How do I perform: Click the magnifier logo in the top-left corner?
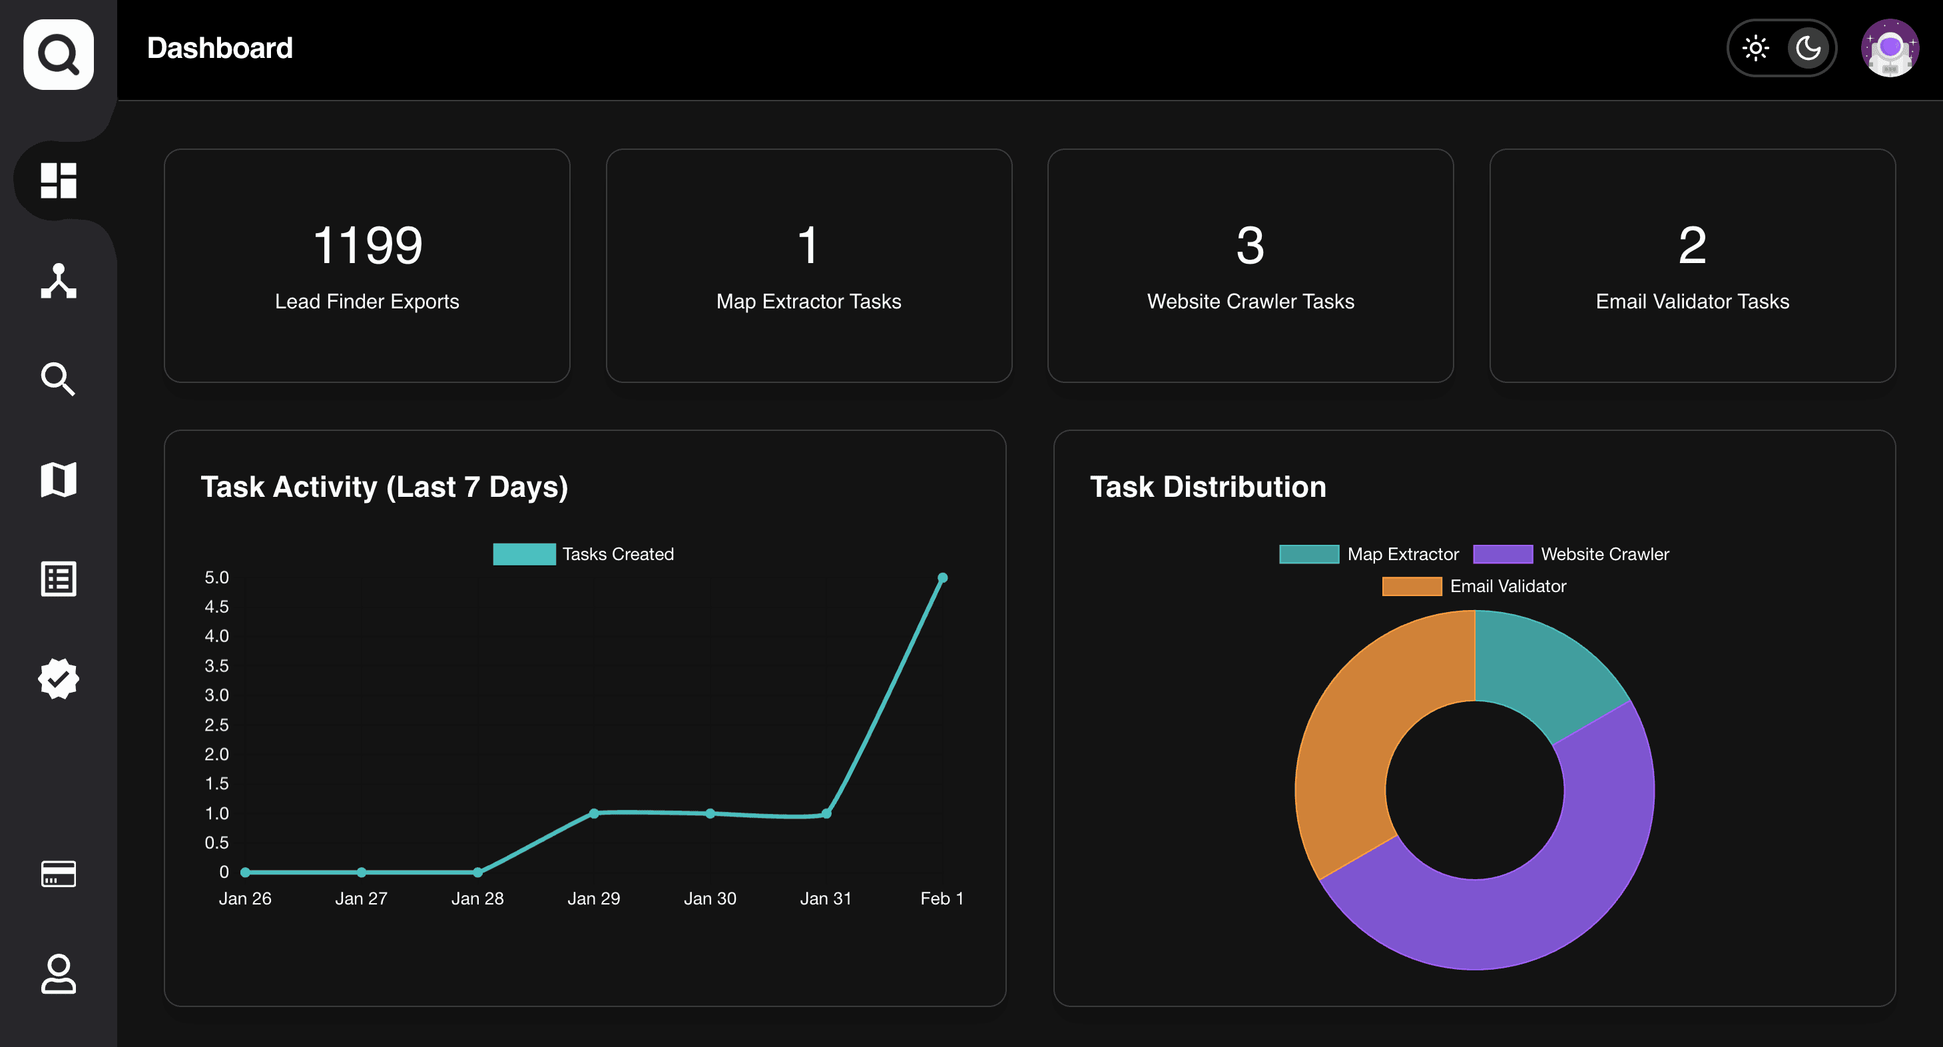tap(58, 55)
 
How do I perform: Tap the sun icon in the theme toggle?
tap(1755, 48)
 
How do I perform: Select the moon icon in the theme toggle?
tap(1808, 48)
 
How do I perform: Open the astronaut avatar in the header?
tap(1890, 48)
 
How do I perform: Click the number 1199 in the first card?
tap(368, 245)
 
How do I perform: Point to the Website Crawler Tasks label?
tap(1250, 301)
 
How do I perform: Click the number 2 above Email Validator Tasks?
tap(1692, 245)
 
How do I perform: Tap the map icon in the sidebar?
tap(58, 479)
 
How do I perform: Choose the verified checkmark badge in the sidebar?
tap(58, 678)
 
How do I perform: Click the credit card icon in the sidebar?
tap(58, 874)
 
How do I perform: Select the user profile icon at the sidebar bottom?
tap(58, 974)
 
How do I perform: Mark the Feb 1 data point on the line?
tap(942, 578)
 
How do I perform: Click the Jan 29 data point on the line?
tap(593, 813)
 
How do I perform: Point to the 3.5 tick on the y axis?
tap(216, 665)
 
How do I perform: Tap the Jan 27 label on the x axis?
tap(362, 898)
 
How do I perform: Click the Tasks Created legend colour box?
tap(524, 553)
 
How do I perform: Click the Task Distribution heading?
tap(1208, 487)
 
